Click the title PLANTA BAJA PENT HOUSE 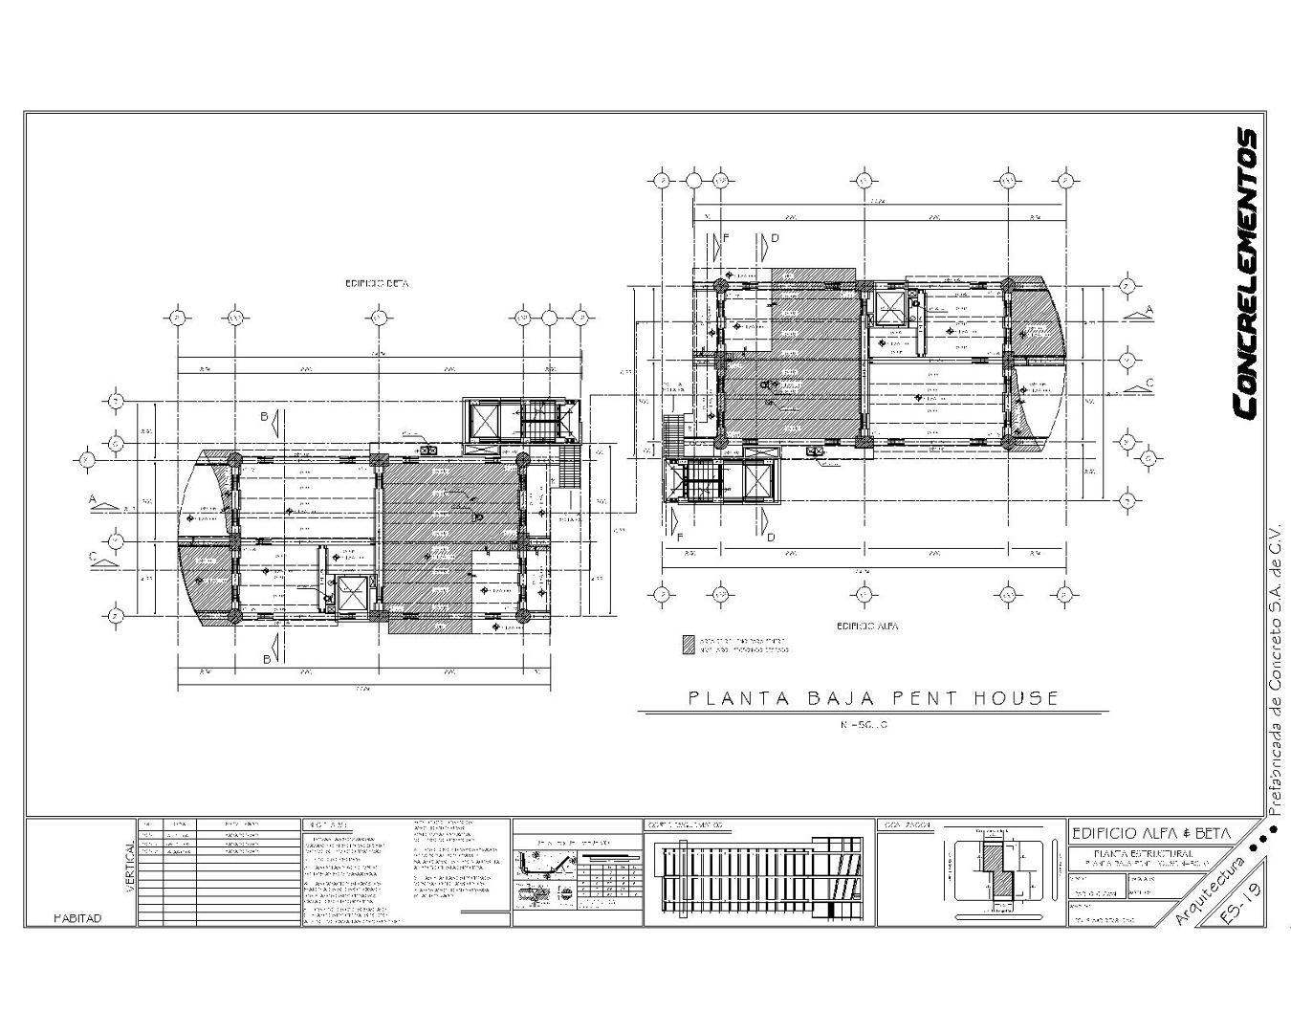873,698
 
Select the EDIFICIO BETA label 377,284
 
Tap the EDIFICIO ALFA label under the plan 866,626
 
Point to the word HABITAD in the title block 77,918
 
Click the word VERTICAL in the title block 130,868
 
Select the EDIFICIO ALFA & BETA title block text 1151,833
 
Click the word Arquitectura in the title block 1210,890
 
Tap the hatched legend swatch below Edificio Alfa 689,645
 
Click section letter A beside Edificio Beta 94,499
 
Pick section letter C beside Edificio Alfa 1149,383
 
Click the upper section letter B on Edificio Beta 264,416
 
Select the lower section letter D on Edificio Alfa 771,537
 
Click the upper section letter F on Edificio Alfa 726,237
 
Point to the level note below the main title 864,725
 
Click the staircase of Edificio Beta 538,421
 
